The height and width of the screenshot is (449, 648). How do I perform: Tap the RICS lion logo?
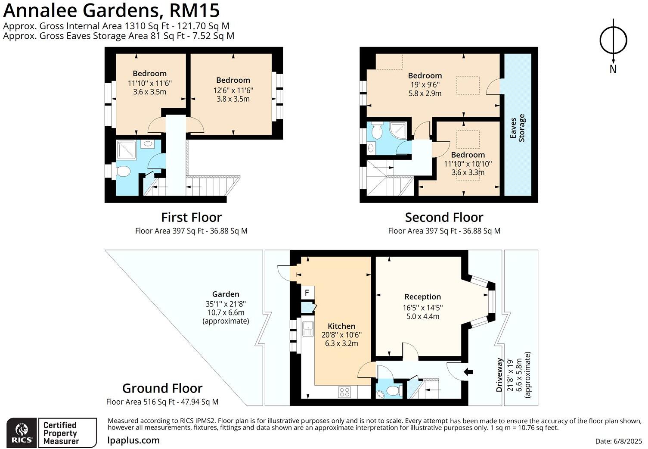tap(22, 433)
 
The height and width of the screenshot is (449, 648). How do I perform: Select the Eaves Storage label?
tap(518, 128)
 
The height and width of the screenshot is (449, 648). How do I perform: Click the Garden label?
tap(226, 294)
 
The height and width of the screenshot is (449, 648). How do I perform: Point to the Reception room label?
tap(422, 297)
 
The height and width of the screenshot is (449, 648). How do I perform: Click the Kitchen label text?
tap(341, 326)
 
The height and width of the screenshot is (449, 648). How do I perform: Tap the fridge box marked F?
tap(307, 293)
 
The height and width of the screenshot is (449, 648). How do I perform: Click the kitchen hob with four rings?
tap(344, 392)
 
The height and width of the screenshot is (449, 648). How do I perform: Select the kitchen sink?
tap(308, 330)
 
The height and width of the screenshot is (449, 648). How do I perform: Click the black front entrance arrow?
tap(468, 371)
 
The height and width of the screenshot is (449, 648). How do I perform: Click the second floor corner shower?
tap(397, 129)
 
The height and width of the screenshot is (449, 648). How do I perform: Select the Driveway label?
tap(499, 375)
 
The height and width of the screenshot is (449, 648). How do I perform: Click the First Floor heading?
tap(191, 217)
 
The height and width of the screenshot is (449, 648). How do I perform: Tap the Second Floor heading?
tap(444, 217)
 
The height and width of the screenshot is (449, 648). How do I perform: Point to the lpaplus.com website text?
tap(133, 440)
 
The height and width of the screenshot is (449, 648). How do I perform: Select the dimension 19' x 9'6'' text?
tap(425, 84)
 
